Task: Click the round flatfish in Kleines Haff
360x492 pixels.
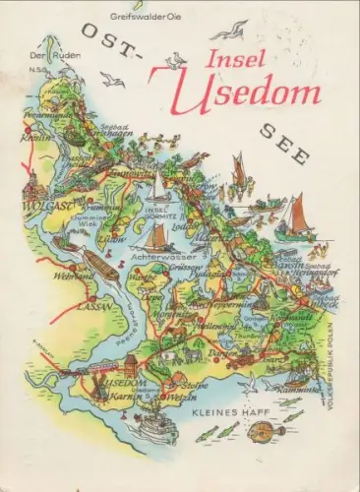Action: pos(292,416)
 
